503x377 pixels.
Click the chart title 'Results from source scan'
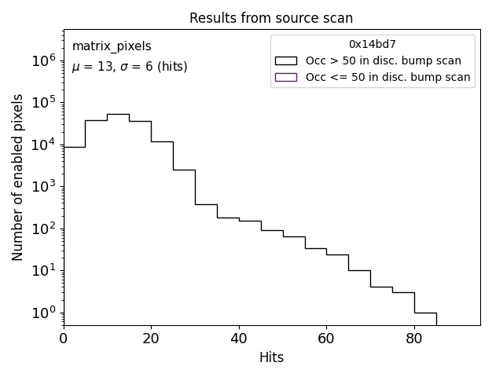tap(271, 18)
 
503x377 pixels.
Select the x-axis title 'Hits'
tap(271, 358)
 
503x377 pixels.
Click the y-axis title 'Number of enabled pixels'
tap(18, 178)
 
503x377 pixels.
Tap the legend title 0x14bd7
tap(372, 44)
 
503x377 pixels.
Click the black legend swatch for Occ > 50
tap(286, 60)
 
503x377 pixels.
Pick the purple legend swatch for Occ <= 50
tap(286, 77)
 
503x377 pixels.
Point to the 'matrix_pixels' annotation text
tap(112, 47)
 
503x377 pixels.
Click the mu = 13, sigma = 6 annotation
tap(130, 68)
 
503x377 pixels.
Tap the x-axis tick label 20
tap(151, 339)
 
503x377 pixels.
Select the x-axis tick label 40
tap(239, 339)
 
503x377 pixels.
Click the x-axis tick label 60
tap(327, 339)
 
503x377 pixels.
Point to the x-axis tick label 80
tap(414, 339)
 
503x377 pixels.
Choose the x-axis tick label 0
tap(64, 339)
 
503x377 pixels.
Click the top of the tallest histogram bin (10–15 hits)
tap(118, 114)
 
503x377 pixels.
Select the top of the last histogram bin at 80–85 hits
tap(425, 313)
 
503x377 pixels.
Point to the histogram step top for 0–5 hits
tap(74, 147)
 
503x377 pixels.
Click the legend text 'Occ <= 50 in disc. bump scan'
tap(387, 77)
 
